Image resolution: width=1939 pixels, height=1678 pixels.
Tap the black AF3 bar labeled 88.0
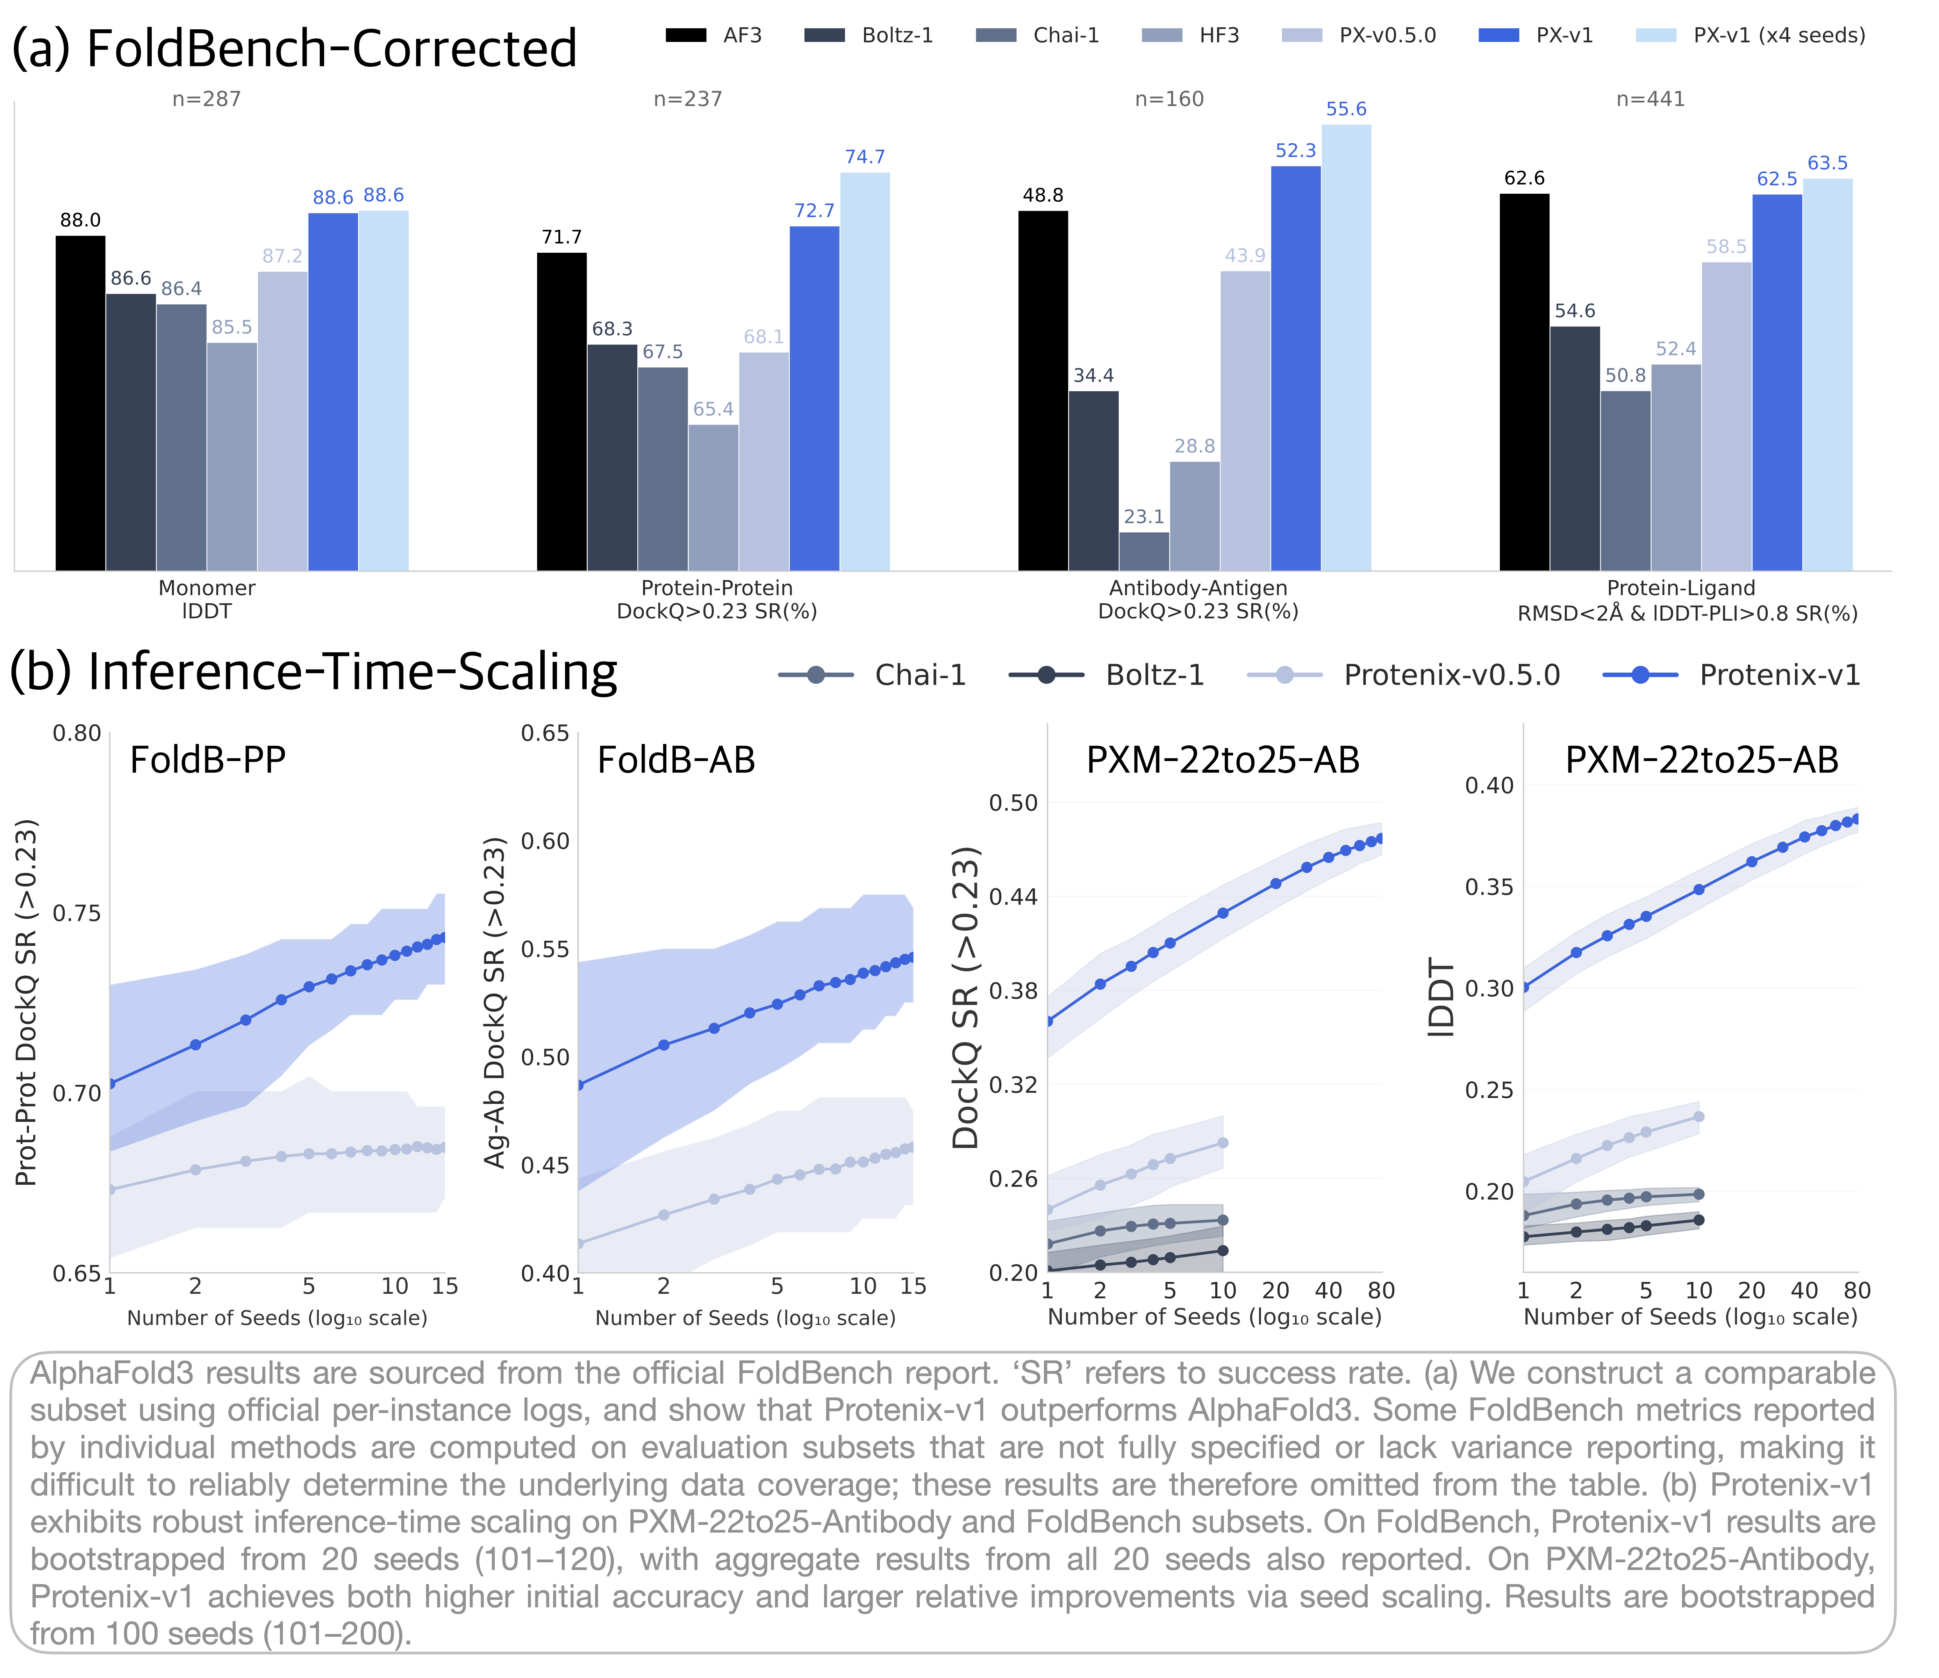[80, 403]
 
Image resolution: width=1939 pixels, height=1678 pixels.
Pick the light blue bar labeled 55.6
[1346, 346]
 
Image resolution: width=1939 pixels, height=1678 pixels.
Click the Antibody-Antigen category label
[1197, 588]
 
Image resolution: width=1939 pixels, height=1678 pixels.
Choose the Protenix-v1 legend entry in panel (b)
[1732, 675]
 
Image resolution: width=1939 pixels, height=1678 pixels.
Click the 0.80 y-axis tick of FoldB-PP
[77, 733]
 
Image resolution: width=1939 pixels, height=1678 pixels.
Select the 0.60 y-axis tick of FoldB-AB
[545, 841]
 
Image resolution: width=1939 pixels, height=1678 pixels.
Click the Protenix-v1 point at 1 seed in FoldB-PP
[110, 1083]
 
